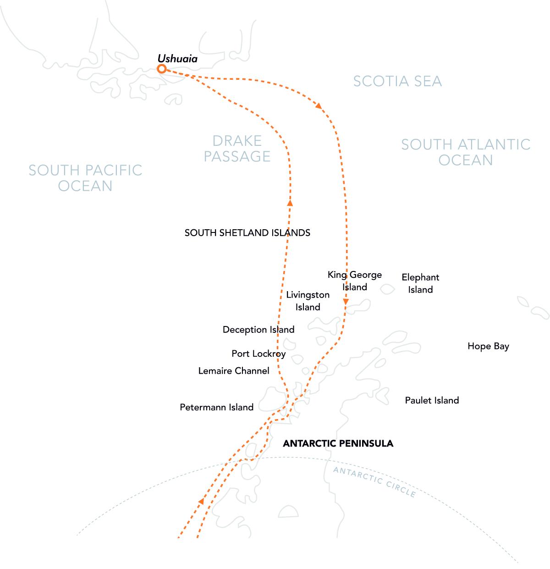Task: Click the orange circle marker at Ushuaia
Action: [162, 69]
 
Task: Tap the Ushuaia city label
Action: [177, 59]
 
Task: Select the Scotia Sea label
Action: [397, 81]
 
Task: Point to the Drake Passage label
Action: [237, 149]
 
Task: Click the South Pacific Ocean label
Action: [85, 178]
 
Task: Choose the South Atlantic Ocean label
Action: [466, 152]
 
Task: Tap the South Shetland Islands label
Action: [247, 233]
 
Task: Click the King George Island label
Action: [354, 281]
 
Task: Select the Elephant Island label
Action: [420, 283]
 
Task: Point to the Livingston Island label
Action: [308, 301]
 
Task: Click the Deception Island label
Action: [258, 330]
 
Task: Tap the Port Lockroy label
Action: [258, 354]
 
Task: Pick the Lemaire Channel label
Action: [234, 371]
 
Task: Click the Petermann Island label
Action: [216, 407]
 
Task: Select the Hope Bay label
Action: [488, 347]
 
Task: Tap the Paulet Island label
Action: [432, 400]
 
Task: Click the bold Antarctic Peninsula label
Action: [338, 443]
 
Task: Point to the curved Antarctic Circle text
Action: [374, 481]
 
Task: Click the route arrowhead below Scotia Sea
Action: [319, 105]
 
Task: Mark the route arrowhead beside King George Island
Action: [346, 302]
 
